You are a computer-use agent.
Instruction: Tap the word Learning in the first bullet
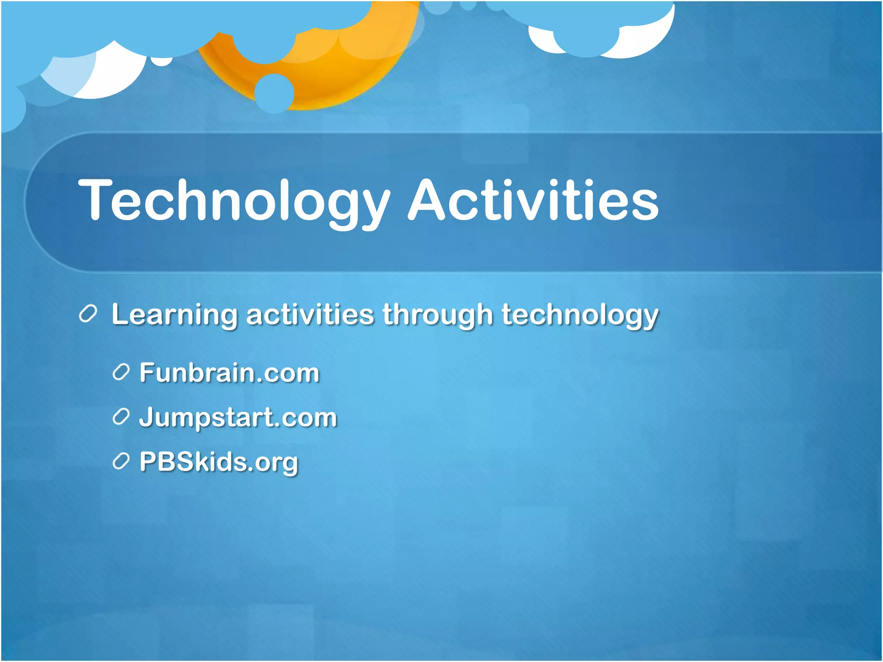(x=174, y=315)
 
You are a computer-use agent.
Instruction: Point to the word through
(x=437, y=315)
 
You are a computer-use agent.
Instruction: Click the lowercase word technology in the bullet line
(x=579, y=315)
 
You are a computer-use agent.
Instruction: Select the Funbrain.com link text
(x=229, y=373)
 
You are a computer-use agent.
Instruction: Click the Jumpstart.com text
(x=238, y=418)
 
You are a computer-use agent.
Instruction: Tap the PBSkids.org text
(x=219, y=462)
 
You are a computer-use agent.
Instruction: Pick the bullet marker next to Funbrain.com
(x=121, y=372)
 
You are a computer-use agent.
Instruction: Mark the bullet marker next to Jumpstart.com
(x=121, y=417)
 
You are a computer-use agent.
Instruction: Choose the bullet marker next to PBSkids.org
(x=121, y=462)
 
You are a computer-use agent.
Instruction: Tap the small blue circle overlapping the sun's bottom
(x=274, y=93)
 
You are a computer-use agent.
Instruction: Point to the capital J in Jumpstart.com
(x=147, y=417)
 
